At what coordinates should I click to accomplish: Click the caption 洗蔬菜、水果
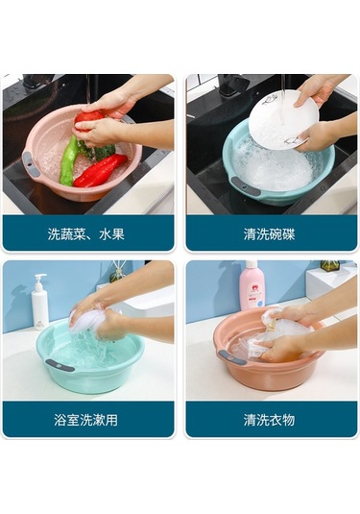(x=85, y=234)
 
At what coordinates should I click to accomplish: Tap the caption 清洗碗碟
(x=269, y=234)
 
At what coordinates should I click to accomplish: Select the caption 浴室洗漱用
(x=85, y=420)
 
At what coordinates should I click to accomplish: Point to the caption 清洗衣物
(x=269, y=420)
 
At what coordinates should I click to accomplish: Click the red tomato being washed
(x=87, y=119)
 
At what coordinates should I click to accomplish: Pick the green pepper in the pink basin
(x=69, y=160)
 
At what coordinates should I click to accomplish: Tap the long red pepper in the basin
(x=100, y=170)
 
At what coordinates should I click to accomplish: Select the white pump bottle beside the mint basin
(x=40, y=302)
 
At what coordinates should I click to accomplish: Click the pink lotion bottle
(x=252, y=286)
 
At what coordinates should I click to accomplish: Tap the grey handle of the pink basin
(x=32, y=164)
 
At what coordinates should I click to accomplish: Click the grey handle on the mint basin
(x=60, y=365)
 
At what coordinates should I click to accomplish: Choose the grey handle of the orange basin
(x=232, y=357)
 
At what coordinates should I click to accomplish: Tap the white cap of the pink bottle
(x=252, y=265)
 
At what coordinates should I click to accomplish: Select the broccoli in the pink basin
(x=103, y=152)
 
